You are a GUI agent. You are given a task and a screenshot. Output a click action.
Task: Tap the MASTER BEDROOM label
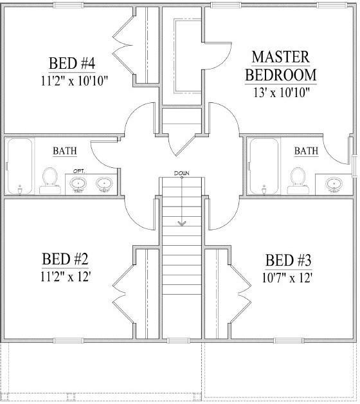coord(280,66)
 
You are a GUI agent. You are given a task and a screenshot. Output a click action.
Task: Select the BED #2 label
coord(65,259)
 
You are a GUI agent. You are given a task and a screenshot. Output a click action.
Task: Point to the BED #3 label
coord(289,261)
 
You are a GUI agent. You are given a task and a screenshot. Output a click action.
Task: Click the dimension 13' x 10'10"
coord(280,92)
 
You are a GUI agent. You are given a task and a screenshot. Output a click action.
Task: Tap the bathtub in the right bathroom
coord(264,166)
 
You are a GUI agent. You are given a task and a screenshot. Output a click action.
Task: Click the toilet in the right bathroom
coord(297,179)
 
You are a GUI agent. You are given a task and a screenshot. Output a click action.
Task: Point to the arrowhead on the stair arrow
coord(181,223)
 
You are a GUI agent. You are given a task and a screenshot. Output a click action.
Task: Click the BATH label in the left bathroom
coord(65,152)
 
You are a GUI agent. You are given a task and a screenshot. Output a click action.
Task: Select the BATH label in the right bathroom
coord(306,151)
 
